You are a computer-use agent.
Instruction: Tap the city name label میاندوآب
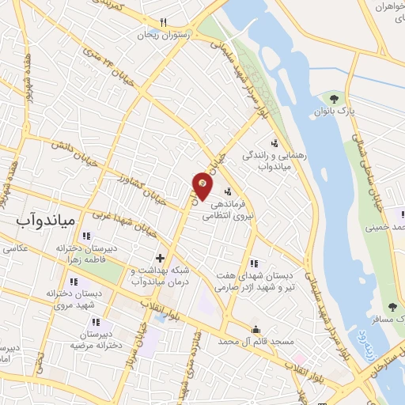[x=45, y=219]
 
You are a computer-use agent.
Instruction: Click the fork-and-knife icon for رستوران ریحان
[x=163, y=22]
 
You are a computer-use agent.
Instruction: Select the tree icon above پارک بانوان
[x=334, y=99]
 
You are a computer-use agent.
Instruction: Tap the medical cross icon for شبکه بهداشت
[x=160, y=258]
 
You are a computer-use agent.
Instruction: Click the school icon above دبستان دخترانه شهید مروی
[x=74, y=282]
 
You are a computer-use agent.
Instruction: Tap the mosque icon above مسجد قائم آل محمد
[x=255, y=329]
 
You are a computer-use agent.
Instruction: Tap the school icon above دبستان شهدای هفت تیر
[x=252, y=264]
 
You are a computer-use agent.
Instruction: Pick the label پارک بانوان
[x=334, y=112]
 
